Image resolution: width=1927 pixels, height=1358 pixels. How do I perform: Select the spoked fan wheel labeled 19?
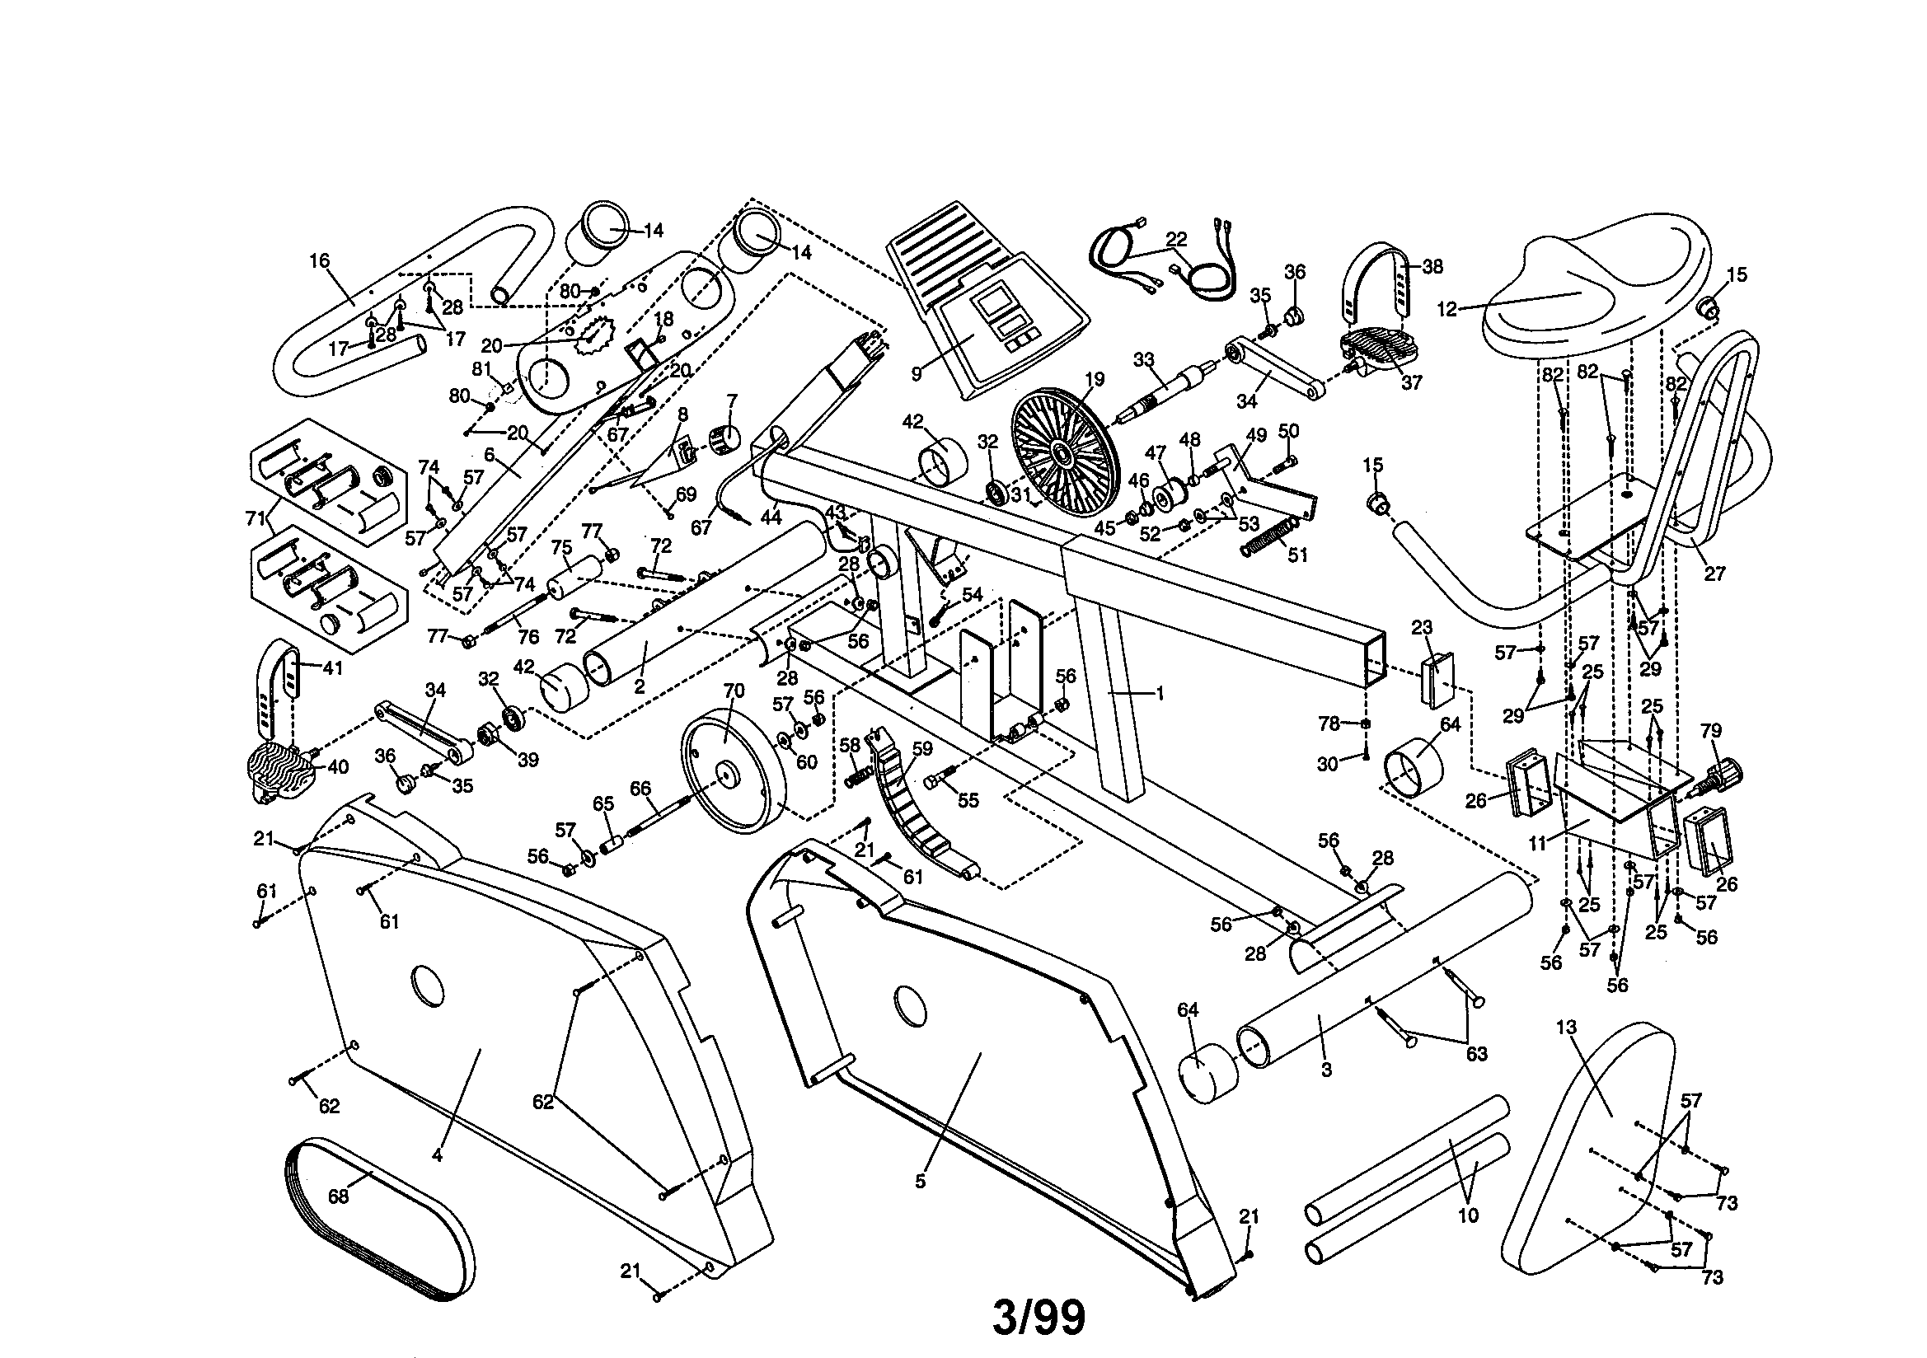[x=1064, y=454]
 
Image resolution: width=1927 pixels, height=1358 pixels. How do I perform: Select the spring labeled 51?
[x=1270, y=537]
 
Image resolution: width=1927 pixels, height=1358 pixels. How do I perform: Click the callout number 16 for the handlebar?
[x=319, y=261]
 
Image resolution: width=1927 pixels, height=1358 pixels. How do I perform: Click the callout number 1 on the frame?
[x=1160, y=693]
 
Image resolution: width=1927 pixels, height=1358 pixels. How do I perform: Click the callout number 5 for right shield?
[x=921, y=1181]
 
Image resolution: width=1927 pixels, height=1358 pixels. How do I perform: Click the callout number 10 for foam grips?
[x=1468, y=1215]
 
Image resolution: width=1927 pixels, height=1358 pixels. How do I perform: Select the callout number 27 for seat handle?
[x=1714, y=574]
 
